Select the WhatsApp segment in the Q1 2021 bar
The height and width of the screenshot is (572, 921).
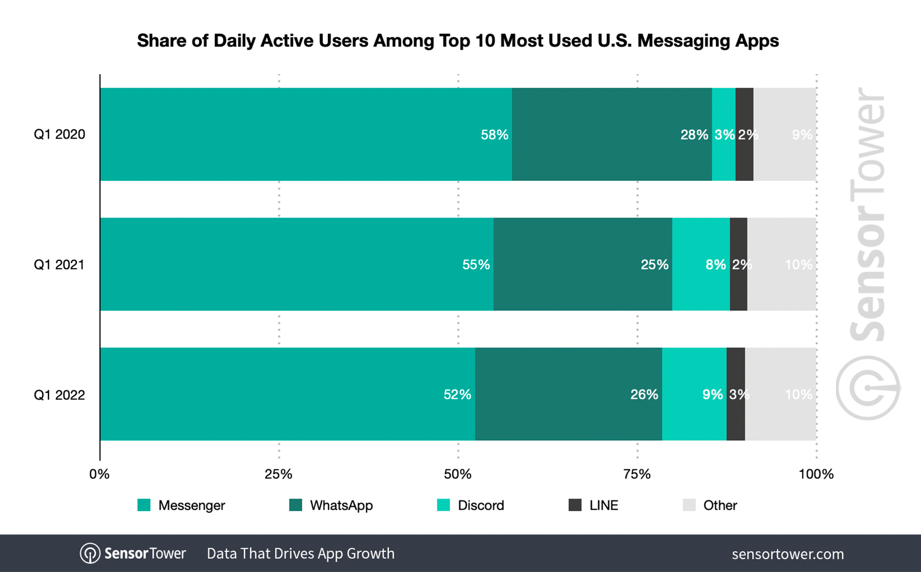(583, 264)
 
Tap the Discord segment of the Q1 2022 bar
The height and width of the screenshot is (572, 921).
(694, 394)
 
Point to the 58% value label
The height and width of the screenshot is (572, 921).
(495, 135)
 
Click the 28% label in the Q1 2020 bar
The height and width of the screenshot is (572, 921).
(694, 135)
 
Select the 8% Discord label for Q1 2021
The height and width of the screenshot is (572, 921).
(716, 265)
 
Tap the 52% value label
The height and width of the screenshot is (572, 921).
(457, 395)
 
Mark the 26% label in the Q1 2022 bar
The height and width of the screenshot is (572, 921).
(644, 395)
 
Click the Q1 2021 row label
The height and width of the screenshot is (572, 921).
(59, 265)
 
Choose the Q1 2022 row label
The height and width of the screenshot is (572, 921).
(59, 395)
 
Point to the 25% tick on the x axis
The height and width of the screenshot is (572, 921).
(278, 474)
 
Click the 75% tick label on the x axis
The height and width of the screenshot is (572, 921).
(637, 474)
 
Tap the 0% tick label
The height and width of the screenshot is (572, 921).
(99, 474)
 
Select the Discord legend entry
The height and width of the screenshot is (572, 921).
(470, 506)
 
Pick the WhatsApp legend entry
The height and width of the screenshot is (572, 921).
(331, 506)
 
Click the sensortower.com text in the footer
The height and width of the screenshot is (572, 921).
(787, 554)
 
